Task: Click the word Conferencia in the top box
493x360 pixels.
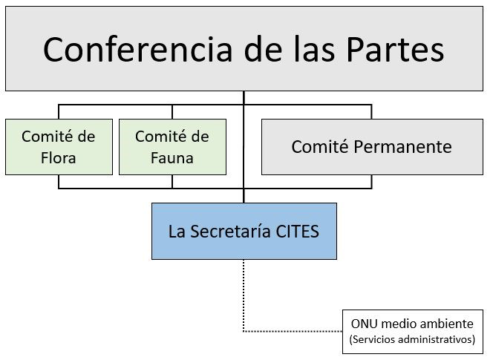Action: click(x=137, y=50)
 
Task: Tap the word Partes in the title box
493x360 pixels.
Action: click(x=395, y=50)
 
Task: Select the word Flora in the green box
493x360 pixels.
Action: click(x=59, y=158)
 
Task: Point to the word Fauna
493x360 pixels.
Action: click(x=172, y=158)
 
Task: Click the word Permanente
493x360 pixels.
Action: click(x=402, y=146)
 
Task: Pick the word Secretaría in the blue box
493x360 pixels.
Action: click(x=230, y=232)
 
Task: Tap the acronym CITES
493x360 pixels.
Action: click(x=298, y=232)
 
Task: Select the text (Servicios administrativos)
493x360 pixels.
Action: click(x=412, y=339)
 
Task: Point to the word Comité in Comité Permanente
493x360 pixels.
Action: click(x=320, y=146)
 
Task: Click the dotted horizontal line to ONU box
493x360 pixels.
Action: click(x=293, y=331)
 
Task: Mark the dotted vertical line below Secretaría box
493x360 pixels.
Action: click(x=244, y=295)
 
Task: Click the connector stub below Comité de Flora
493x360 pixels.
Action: click(x=59, y=182)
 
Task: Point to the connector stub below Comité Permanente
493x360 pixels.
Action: click(x=372, y=182)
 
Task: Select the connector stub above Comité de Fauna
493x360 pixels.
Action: click(x=172, y=112)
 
